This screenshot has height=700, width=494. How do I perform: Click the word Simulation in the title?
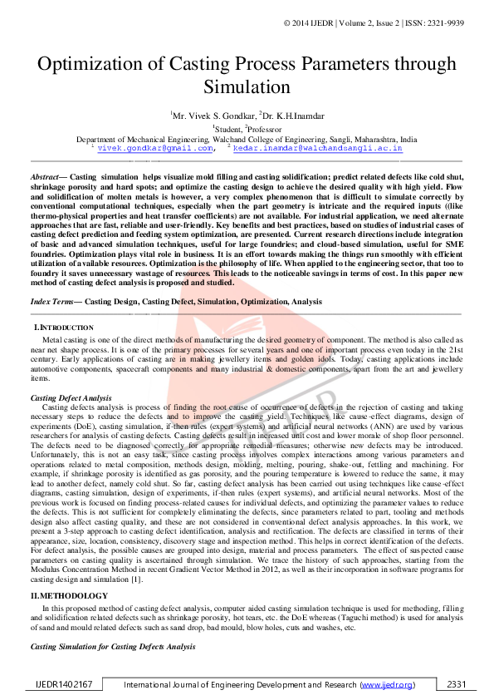pos(247,87)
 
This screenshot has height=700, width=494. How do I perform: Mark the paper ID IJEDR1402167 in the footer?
pos(63,685)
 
